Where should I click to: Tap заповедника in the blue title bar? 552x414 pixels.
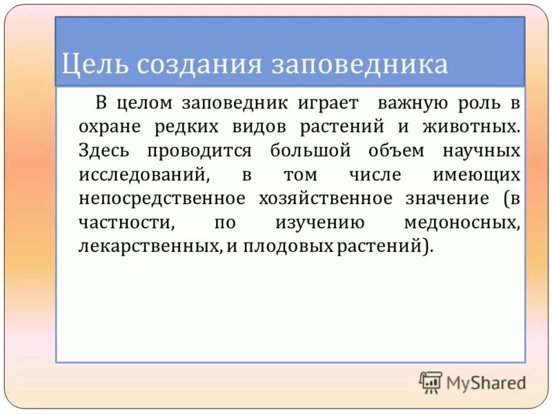pyautogui.click(x=359, y=64)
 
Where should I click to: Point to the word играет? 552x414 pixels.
pyautogui.click(x=328, y=103)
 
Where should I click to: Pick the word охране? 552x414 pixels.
pyautogui.click(x=110, y=128)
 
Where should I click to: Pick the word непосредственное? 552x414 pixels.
pyautogui.click(x=162, y=199)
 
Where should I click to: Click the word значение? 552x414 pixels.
pyautogui.click(x=447, y=199)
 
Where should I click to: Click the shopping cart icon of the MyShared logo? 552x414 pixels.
pyautogui.click(x=431, y=382)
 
